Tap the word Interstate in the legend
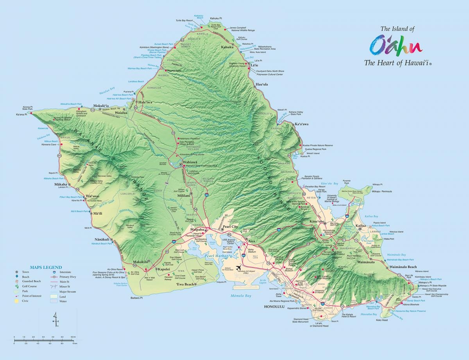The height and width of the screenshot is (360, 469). click(66, 272)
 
